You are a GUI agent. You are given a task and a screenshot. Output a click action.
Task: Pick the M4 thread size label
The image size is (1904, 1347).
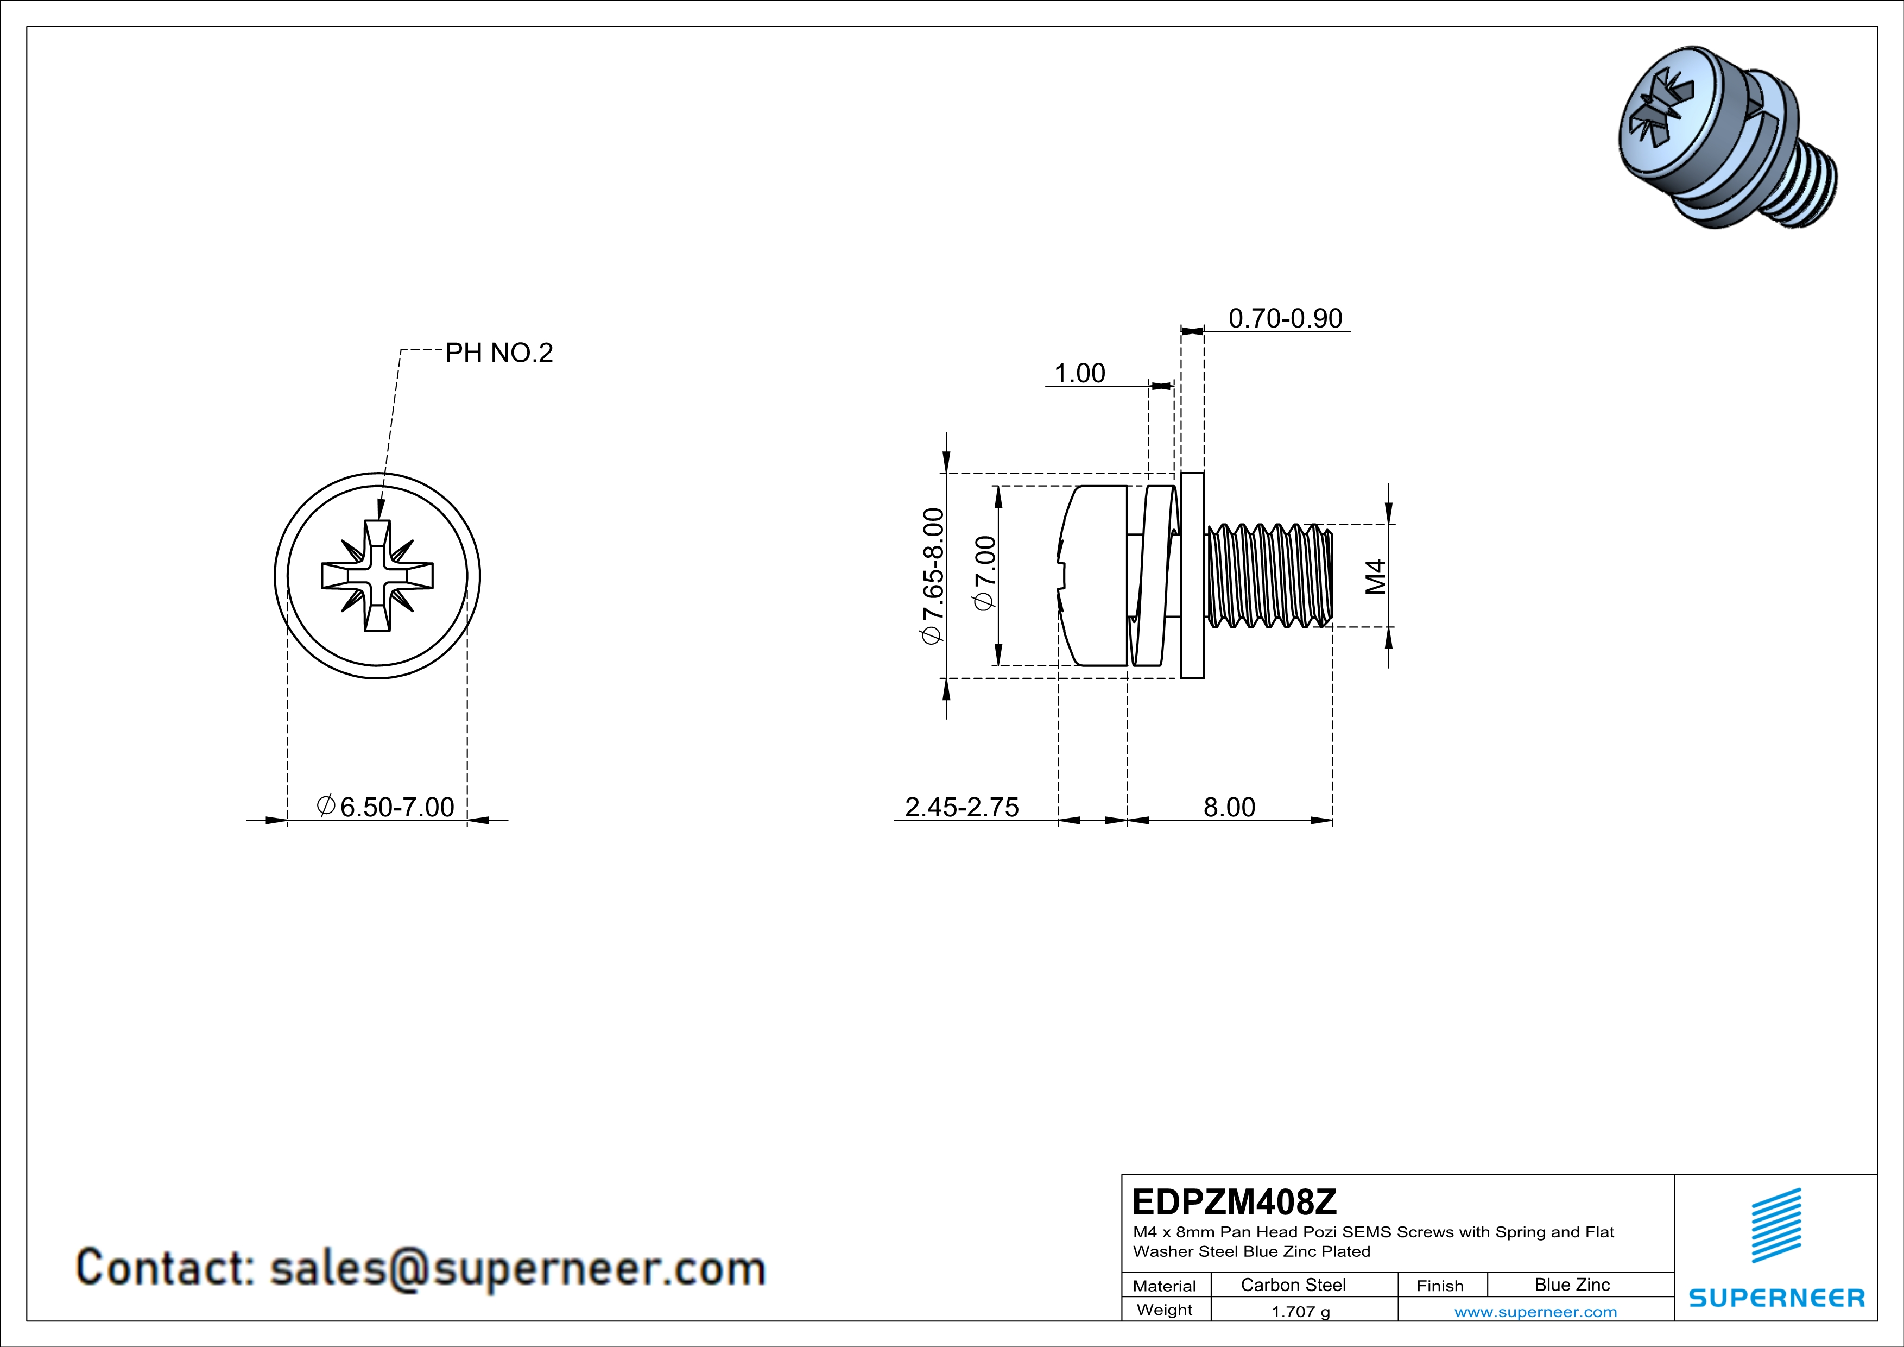pos(1375,576)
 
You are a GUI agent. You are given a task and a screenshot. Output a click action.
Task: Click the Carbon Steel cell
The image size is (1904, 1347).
pos(1293,1285)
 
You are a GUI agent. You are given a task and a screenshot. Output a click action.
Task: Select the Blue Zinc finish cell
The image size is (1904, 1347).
pos(1571,1285)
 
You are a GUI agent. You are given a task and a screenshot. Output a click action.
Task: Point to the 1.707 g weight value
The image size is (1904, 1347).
pos(1300,1311)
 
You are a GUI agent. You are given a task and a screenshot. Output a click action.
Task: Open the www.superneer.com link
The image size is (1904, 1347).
pos(1535,1311)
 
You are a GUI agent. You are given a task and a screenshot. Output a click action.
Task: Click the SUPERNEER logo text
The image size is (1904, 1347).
pos(1776,1298)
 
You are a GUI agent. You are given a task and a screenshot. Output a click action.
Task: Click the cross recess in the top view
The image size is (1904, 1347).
pos(377,576)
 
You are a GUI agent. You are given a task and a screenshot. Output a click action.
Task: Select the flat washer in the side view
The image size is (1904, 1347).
pos(1192,576)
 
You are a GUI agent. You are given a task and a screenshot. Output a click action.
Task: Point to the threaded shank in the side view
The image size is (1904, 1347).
pos(1269,576)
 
